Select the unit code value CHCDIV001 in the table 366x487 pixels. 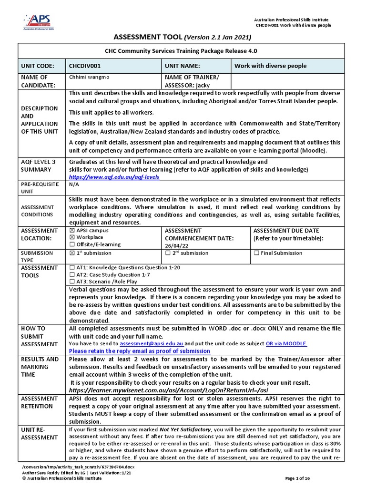[x=85, y=66]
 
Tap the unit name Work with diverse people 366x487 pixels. [x=270, y=66]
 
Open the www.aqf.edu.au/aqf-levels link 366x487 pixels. [x=114, y=177]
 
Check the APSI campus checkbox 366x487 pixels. [x=72, y=230]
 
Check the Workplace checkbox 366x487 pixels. [x=72, y=237]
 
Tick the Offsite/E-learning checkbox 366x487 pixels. [x=72, y=244]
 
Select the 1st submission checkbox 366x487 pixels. [x=72, y=253]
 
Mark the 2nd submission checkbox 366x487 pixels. [x=168, y=253]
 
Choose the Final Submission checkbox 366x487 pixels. [x=256, y=253]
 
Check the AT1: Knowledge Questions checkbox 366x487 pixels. [x=72, y=268]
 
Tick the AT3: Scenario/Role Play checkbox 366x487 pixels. [x=72, y=282]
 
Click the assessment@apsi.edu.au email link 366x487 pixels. [x=151, y=343]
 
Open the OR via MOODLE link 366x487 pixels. [x=286, y=343]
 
